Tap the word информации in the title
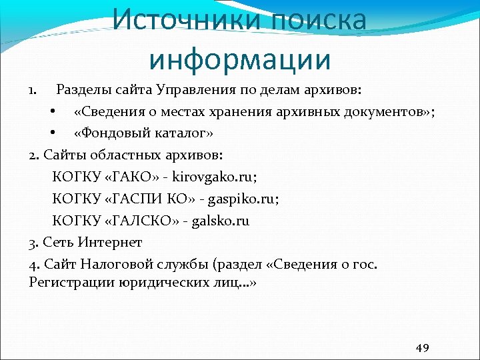240,58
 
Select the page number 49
422,347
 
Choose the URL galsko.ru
221,220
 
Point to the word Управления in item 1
195,89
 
